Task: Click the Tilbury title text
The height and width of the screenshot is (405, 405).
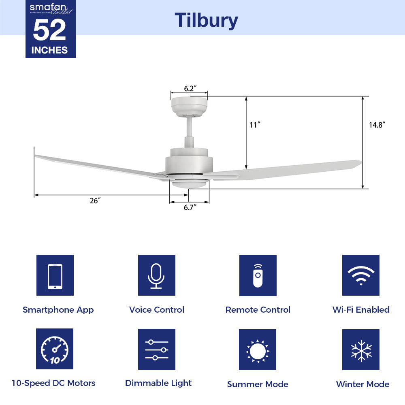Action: tap(206, 20)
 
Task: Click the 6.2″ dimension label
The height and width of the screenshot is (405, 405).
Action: tap(190, 88)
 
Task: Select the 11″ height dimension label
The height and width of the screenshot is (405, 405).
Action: tap(254, 125)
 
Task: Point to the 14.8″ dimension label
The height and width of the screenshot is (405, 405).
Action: tap(376, 125)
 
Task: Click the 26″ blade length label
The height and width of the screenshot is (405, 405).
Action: tap(95, 201)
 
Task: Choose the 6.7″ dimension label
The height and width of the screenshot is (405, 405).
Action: tap(190, 208)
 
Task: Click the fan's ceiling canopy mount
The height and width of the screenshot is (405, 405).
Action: tap(189, 107)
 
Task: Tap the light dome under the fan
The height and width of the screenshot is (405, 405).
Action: tap(189, 184)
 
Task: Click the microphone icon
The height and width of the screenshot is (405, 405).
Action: tap(156, 275)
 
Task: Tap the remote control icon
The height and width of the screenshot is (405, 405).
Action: tap(258, 275)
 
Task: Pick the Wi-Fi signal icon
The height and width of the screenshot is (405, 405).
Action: tap(360, 275)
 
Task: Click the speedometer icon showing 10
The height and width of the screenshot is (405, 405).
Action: tap(55, 349)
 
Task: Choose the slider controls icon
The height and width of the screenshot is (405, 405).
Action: tap(156, 349)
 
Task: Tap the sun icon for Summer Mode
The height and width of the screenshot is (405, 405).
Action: tap(257, 350)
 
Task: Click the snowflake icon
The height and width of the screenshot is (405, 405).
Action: tap(360, 350)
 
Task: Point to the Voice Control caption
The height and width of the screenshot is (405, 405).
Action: tap(156, 310)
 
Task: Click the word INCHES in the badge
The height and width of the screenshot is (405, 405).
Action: tap(49, 50)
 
